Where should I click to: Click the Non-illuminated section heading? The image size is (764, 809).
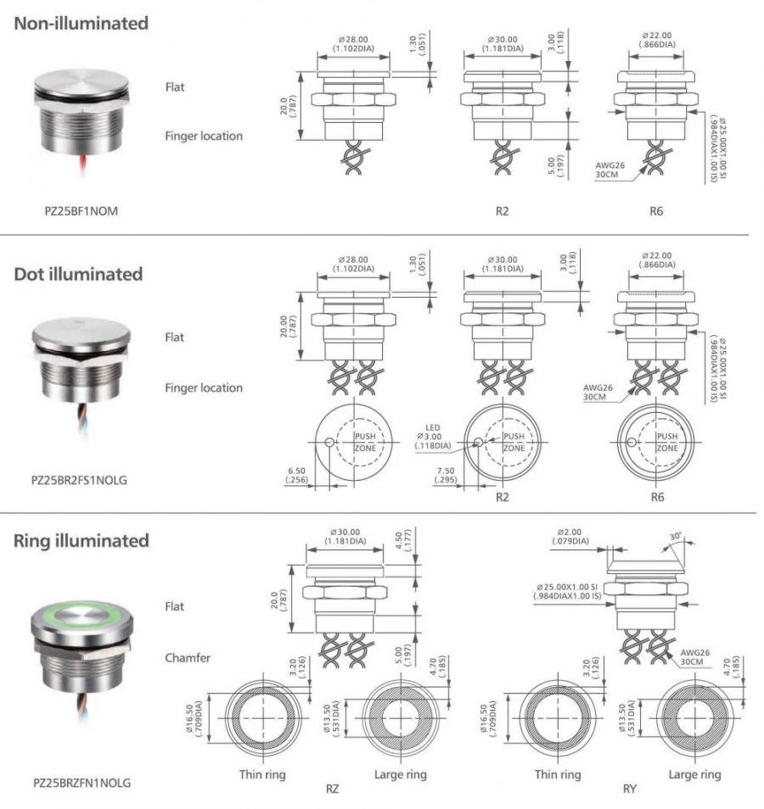tap(81, 24)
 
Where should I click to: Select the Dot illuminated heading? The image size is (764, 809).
tap(78, 274)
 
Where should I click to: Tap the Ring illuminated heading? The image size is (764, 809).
tap(81, 540)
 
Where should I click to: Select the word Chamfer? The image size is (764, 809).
tap(188, 658)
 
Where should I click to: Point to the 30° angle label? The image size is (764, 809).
tap(676, 536)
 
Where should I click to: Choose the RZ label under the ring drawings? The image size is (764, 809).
tap(333, 789)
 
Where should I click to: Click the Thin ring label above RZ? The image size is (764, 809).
tap(262, 774)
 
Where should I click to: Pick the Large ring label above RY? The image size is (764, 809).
tap(694, 774)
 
